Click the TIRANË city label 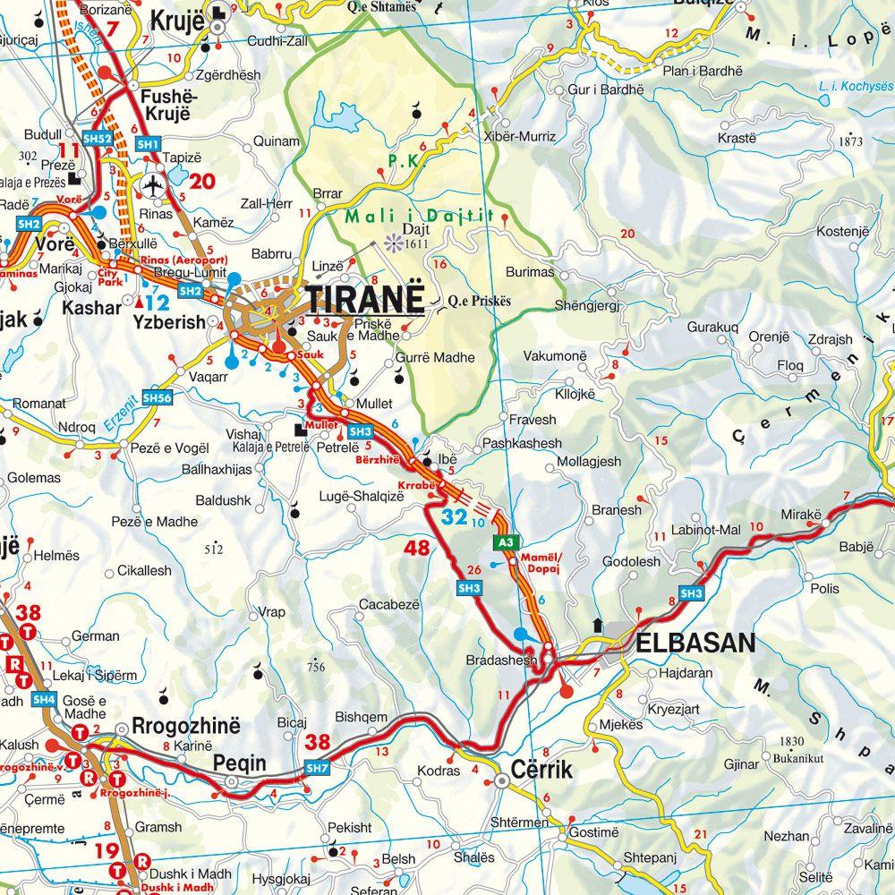tap(364, 300)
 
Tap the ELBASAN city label tap(695, 643)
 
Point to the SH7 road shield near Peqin tap(317, 768)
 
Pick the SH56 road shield tap(156, 397)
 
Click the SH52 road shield tap(98, 140)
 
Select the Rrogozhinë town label tap(186, 726)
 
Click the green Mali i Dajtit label tap(420, 216)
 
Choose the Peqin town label tap(239, 763)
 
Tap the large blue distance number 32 tap(454, 516)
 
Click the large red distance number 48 tap(417, 548)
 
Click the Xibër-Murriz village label tap(518, 137)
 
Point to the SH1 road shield tap(148, 144)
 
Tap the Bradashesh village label tap(501, 660)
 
